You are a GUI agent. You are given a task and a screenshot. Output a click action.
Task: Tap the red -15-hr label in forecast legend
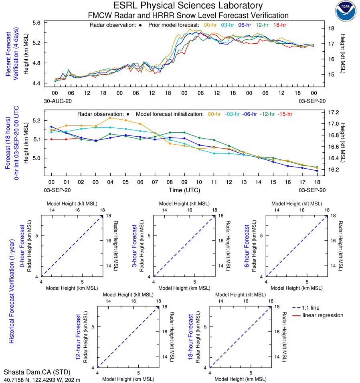pos(286,114)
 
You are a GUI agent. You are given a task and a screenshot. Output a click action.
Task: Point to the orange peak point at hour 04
pos(110,117)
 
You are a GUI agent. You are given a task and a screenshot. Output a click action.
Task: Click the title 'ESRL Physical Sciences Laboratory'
pos(188,6)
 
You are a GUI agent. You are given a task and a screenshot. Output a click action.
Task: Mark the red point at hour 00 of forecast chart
pos(51,139)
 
